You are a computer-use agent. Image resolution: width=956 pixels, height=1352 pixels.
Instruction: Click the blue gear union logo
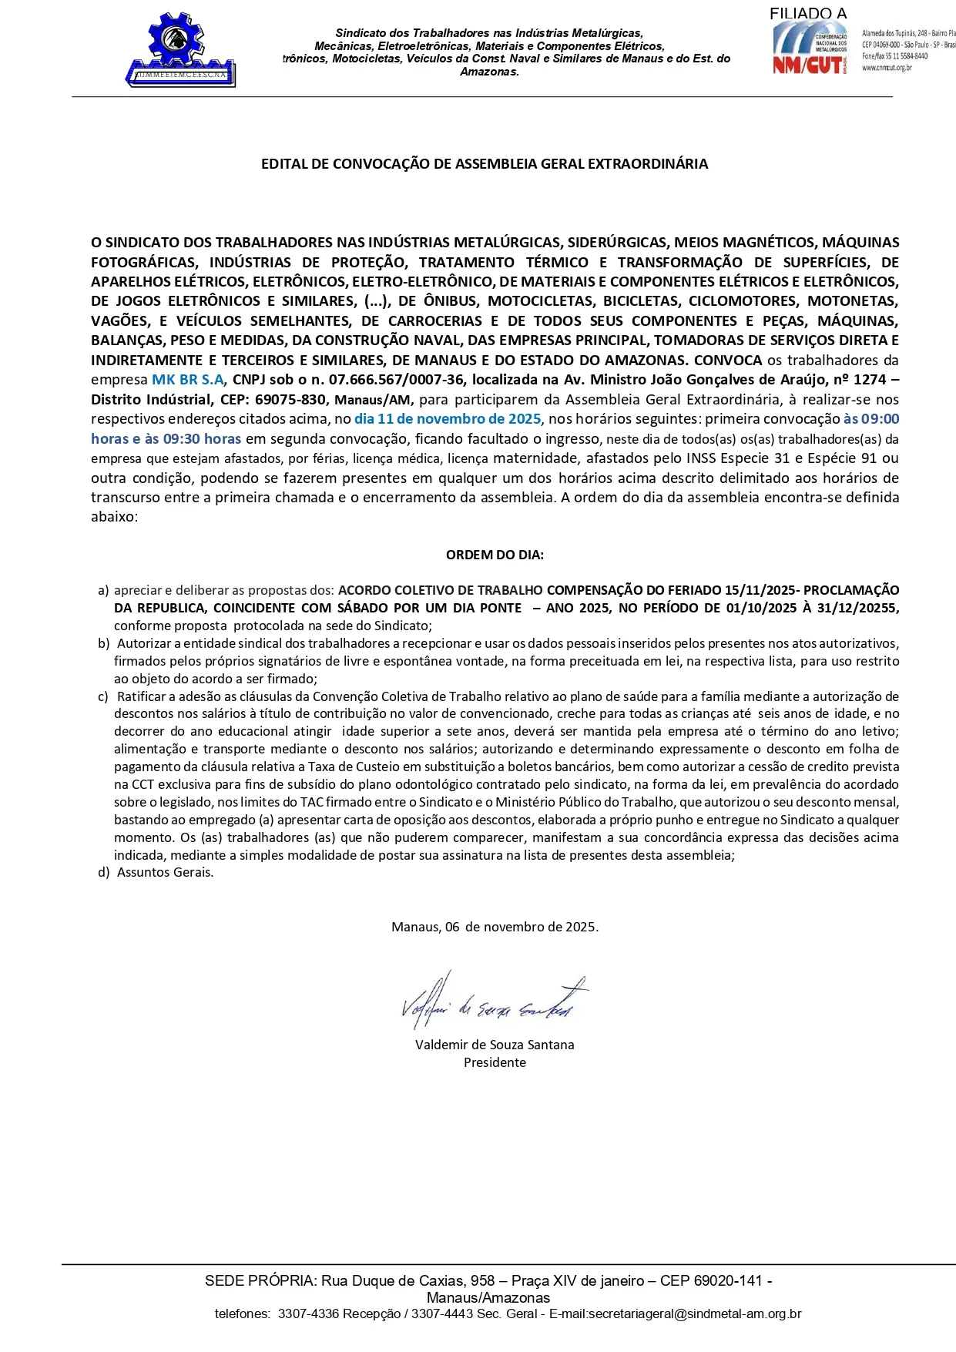tap(180, 49)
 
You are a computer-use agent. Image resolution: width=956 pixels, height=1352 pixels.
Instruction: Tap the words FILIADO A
tap(807, 13)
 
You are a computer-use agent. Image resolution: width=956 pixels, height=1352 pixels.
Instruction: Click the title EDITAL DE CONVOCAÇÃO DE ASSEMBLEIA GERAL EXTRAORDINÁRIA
tap(484, 164)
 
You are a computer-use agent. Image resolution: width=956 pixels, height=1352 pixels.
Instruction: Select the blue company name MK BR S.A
tap(187, 380)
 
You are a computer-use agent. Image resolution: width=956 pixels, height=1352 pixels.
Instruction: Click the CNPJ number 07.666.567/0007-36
tap(396, 380)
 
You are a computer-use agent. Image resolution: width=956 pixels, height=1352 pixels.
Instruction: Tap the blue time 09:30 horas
tap(202, 439)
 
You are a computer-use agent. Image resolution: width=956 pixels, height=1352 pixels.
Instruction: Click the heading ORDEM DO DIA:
tap(495, 555)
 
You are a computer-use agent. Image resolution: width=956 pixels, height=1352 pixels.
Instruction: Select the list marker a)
tap(103, 590)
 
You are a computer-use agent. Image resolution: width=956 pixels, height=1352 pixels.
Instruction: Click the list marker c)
tap(103, 696)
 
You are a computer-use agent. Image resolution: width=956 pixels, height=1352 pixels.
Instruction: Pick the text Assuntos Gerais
tap(165, 872)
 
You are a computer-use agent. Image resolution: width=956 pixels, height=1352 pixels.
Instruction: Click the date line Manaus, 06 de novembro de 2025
tap(495, 927)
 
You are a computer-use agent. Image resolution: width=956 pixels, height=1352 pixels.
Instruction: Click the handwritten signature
tap(493, 1001)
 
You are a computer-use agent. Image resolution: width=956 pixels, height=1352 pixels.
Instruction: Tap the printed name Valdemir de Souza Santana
tap(495, 1045)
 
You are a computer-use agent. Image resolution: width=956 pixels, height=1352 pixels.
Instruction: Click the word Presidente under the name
tap(495, 1062)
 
